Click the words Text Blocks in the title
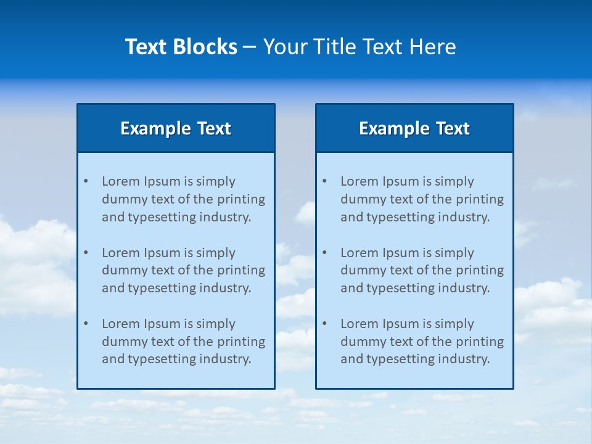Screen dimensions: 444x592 [181, 47]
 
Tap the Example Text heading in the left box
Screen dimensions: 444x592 [176, 128]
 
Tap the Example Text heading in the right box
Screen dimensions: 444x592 [414, 128]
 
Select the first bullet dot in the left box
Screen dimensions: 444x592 [86, 181]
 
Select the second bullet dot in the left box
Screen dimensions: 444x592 [86, 253]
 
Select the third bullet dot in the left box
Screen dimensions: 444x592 [86, 324]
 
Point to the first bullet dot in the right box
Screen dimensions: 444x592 [324, 181]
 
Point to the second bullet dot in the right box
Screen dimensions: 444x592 [324, 253]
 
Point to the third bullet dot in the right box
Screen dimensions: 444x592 [324, 324]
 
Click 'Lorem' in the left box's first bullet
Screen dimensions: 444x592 [121, 181]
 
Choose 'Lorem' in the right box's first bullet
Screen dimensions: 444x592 [360, 181]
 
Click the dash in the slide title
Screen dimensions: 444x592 [250, 47]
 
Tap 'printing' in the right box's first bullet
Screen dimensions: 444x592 [480, 199]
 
